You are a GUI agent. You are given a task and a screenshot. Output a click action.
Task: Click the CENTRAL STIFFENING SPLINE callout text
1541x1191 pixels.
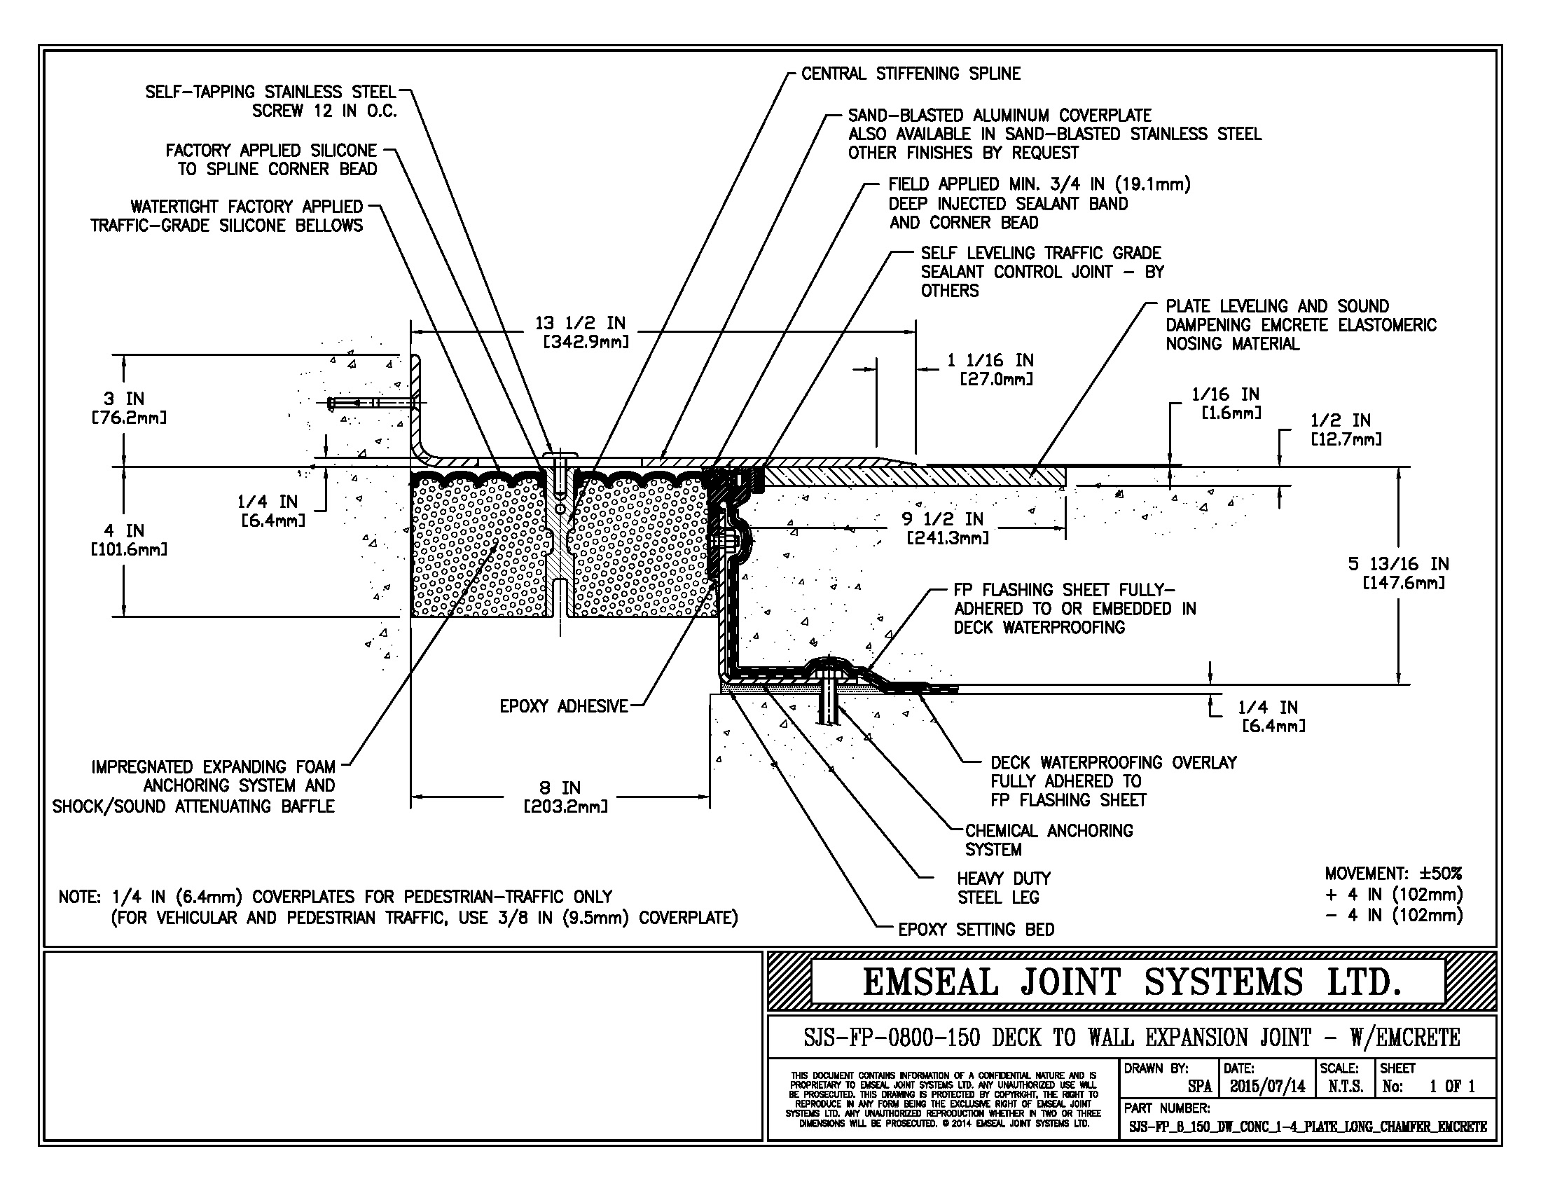point(910,74)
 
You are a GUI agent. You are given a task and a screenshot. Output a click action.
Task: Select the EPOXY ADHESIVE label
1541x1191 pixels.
point(563,706)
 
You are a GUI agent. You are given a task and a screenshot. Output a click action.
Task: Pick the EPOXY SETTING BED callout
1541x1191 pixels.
point(976,930)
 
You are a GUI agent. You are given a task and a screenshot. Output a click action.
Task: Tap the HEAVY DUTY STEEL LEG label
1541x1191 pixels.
point(1003,888)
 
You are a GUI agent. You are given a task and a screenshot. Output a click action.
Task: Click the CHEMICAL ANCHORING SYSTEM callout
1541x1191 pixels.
point(1049,840)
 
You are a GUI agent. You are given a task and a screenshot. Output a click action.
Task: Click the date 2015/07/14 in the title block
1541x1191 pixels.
point(1267,1087)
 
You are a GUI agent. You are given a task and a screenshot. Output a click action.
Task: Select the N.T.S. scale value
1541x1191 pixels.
point(1345,1087)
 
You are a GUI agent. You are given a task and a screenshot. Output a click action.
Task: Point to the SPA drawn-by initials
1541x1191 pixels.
point(1199,1087)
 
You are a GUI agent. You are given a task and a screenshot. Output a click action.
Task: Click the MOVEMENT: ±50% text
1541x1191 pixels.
point(1393,874)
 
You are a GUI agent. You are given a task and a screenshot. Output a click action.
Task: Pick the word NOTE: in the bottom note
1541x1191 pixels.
point(80,897)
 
